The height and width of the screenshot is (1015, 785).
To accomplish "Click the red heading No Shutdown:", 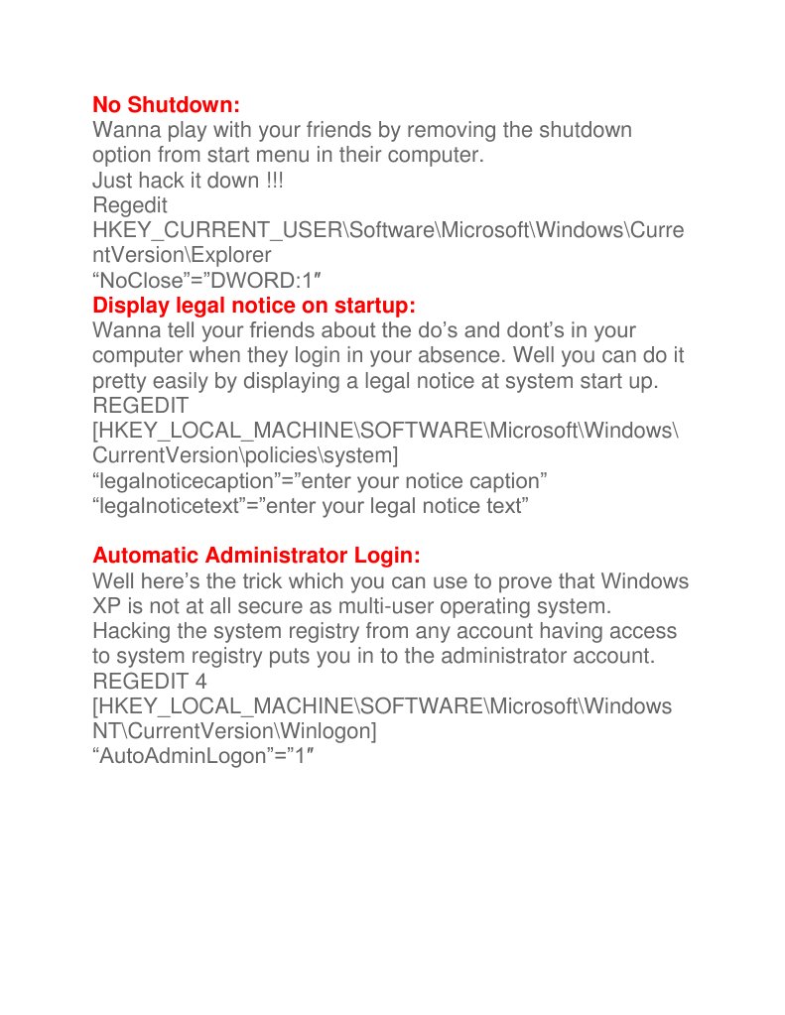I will pos(167,104).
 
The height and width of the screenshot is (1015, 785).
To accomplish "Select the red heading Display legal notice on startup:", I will pos(253,305).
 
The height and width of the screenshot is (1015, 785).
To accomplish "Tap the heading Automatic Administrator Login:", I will pos(256,555).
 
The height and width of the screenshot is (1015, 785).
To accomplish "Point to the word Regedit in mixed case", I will pos(129,205).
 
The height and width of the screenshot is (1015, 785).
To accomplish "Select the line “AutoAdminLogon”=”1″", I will pos(209,755).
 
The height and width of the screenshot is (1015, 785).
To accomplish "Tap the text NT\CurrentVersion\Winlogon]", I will pos(234,730).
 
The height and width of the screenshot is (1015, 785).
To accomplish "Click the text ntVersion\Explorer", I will pos(181,255).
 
